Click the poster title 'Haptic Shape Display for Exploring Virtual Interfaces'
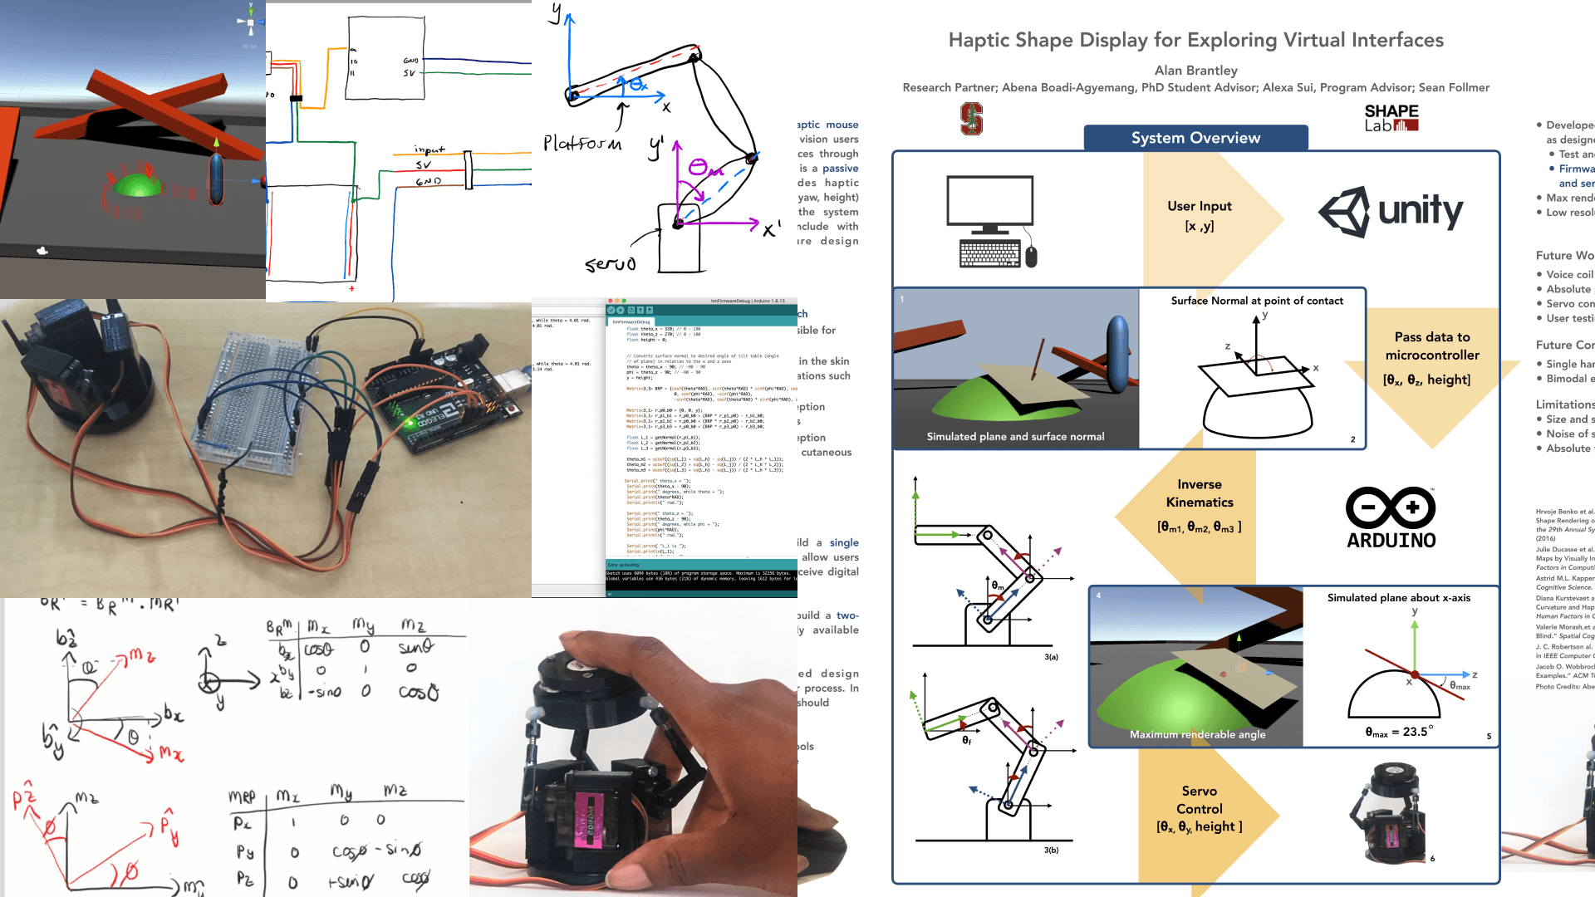[x=1195, y=40]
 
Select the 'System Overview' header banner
[x=1195, y=138]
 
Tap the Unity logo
[x=1391, y=212]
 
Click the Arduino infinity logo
[x=1391, y=508]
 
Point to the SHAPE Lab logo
[x=1391, y=118]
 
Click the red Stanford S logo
[x=971, y=119]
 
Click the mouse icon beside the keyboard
[x=1031, y=256]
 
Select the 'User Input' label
[x=1199, y=206]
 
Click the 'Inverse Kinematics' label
[x=1199, y=493]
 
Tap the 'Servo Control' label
[x=1199, y=800]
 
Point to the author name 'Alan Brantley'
[x=1195, y=71]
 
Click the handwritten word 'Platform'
[x=582, y=144]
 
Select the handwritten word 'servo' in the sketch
[x=611, y=264]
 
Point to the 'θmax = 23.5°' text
[x=1399, y=732]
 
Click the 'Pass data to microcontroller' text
[x=1431, y=346]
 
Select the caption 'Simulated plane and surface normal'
[x=1015, y=437]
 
